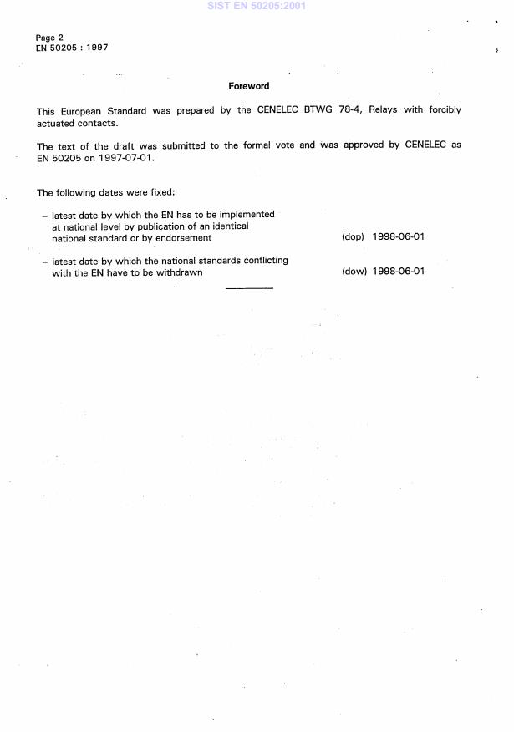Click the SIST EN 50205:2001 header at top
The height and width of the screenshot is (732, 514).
tap(256, 5)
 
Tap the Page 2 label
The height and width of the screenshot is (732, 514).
tap(49, 38)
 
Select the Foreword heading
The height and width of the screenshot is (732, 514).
tap(248, 86)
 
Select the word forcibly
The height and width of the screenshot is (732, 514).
tap(442, 110)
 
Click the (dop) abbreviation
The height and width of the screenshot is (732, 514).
tap(353, 237)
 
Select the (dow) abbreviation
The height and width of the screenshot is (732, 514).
tap(354, 272)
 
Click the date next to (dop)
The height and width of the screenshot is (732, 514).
tap(399, 237)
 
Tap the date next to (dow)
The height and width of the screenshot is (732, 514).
tap(399, 272)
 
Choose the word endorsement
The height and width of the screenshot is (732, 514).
tap(183, 238)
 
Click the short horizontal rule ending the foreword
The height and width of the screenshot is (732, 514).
tap(249, 288)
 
